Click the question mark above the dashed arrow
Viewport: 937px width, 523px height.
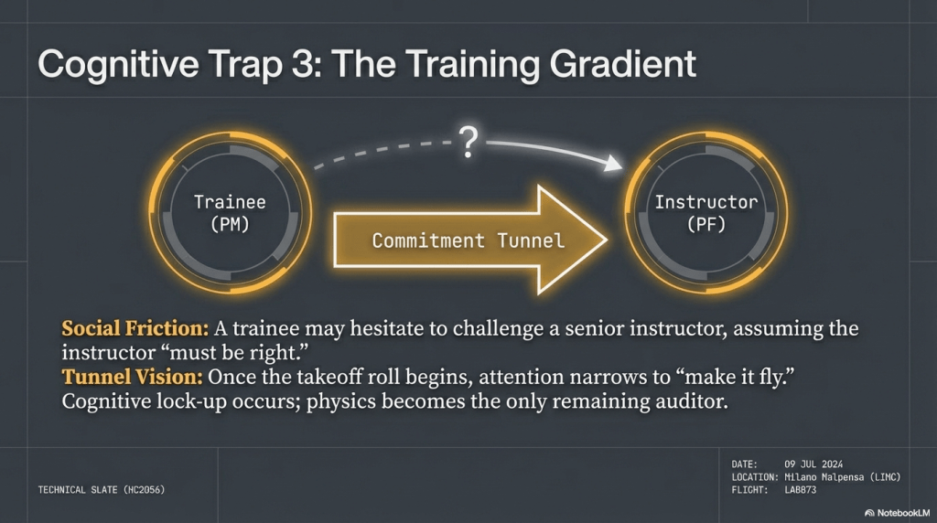coord(469,142)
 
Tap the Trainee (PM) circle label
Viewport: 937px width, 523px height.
coord(230,212)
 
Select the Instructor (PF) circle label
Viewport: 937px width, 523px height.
coord(706,212)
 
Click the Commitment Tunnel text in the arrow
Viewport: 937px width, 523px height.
coord(468,240)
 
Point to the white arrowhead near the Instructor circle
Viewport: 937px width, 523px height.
coord(612,163)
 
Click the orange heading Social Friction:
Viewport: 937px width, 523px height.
coord(135,328)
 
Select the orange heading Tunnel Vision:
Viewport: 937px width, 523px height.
coord(132,377)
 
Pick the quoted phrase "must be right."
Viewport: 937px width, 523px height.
coord(235,353)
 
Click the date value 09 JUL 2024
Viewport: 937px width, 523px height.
coord(813,464)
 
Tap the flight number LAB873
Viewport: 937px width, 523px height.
coord(800,490)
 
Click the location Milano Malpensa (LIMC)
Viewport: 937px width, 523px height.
coord(842,477)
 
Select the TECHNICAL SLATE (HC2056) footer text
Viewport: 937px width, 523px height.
coord(102,490)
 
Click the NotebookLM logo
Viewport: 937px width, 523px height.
coord(897,513)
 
